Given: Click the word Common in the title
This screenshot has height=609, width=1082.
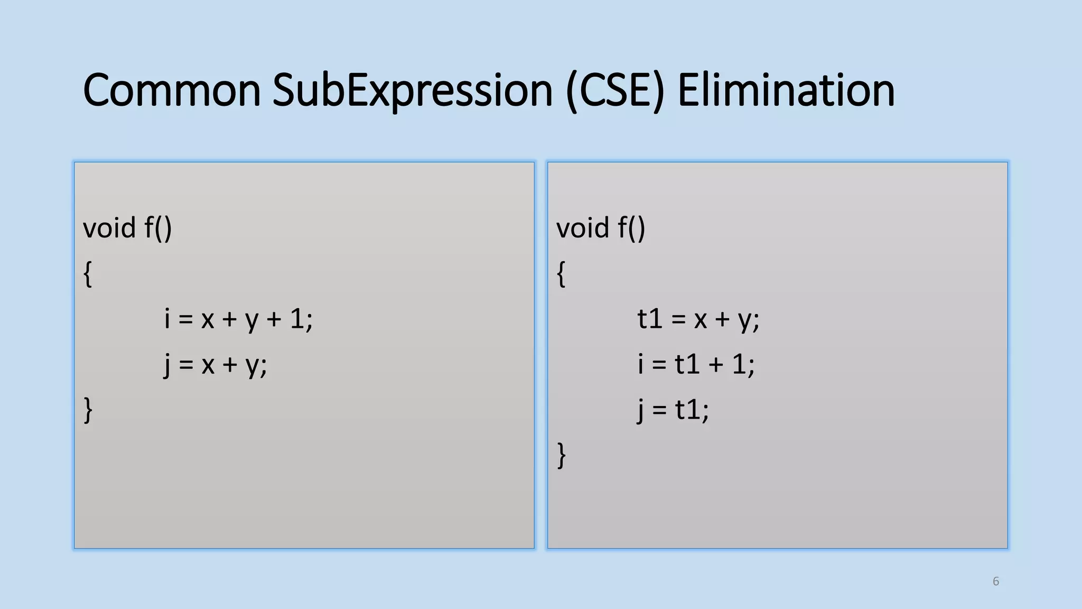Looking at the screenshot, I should click(172, 90).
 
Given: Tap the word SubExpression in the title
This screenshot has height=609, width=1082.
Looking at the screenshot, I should click(412, 90).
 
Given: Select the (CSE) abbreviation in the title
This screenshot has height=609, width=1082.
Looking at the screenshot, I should click(614, 90).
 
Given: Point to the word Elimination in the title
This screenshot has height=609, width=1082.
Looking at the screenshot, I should click(786, 90).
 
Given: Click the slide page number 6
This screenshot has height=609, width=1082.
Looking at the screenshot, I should click(996, 582).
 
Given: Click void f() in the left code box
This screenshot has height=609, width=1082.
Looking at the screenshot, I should click(127, 228).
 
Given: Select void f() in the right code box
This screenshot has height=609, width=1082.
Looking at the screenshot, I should click(601, 228).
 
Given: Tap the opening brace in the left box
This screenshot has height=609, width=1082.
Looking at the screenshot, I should click(88, 274).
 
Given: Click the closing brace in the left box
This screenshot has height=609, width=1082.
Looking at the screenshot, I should click(88, 410).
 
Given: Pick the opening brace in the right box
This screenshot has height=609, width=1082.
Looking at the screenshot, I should click(561, 274).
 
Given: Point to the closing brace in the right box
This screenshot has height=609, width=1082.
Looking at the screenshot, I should click(561, 456).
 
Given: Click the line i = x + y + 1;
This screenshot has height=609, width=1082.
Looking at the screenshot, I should click(238, 319).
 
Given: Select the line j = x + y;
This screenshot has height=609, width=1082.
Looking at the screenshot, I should click(216, 365).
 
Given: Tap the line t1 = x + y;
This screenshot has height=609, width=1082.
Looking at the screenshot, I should click(698, 319).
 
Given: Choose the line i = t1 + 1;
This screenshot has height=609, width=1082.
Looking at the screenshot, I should click(696, 365).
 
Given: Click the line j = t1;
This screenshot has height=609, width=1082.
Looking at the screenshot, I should click(673, 410).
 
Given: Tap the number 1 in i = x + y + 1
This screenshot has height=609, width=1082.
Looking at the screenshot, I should click(297, 319).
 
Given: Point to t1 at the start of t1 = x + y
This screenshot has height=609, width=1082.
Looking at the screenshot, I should click(650, 319).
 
